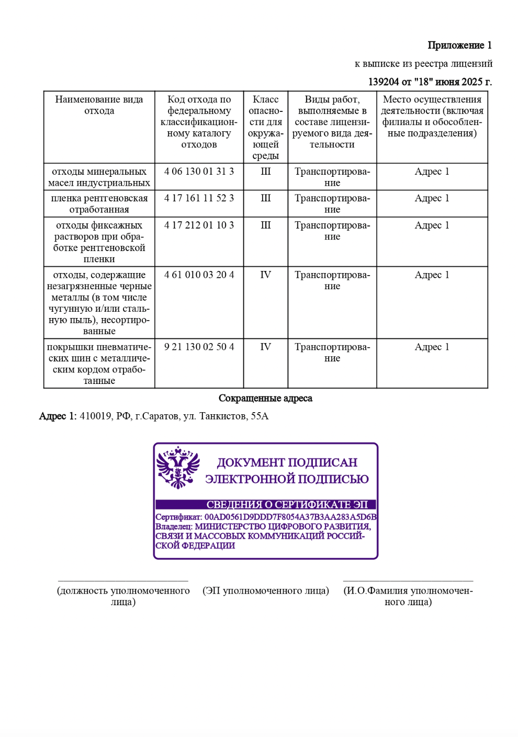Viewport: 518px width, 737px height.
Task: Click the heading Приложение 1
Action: click(459, 46)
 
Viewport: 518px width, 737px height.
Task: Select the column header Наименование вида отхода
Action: click(99, 105)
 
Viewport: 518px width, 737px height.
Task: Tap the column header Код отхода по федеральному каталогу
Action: click(199, 122)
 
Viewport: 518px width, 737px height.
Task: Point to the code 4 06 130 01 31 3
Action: click(199, 172)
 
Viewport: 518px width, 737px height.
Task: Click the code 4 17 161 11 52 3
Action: click(199, 198)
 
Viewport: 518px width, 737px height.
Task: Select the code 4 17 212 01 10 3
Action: click(199, 225)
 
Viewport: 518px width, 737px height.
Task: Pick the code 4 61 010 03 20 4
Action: click(199, 275)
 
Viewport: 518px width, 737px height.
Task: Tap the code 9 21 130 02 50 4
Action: click(199, 347)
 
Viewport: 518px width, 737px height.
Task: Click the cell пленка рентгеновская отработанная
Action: click(99, 204)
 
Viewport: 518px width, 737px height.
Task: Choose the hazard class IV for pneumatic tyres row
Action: click(265, 347)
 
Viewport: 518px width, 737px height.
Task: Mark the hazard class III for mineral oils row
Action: click(265, 172)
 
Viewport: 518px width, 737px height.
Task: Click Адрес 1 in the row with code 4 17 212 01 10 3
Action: click(432, 225)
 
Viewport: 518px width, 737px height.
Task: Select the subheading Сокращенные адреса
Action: click(265, 399)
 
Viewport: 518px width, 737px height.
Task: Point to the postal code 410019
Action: click(95, 416)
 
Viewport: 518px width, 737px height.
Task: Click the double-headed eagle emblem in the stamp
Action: click(178, 467)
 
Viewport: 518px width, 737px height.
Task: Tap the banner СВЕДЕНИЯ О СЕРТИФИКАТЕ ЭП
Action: click(287, 505)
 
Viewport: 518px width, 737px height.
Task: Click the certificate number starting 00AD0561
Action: click(290, 517)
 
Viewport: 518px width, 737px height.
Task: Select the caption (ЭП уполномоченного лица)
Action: click(265, 591)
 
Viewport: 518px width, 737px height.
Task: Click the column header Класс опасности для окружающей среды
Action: click(265, 127)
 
